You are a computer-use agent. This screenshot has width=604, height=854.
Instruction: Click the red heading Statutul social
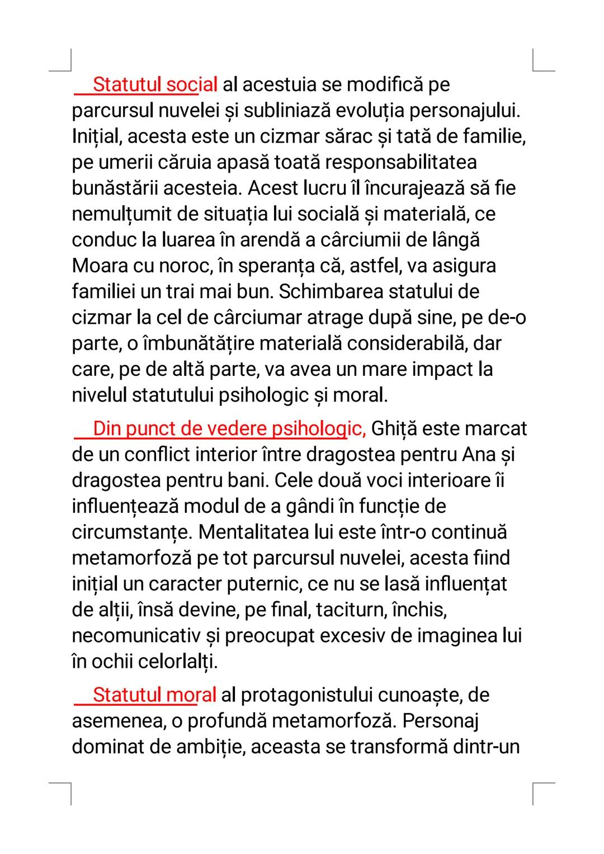154,85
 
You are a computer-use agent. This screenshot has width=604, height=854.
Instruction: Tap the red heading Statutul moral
154,695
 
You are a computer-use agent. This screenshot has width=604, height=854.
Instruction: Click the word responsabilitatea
400,163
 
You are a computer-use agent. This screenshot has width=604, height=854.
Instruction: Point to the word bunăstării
115,188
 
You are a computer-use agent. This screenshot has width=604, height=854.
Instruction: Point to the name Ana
479,455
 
